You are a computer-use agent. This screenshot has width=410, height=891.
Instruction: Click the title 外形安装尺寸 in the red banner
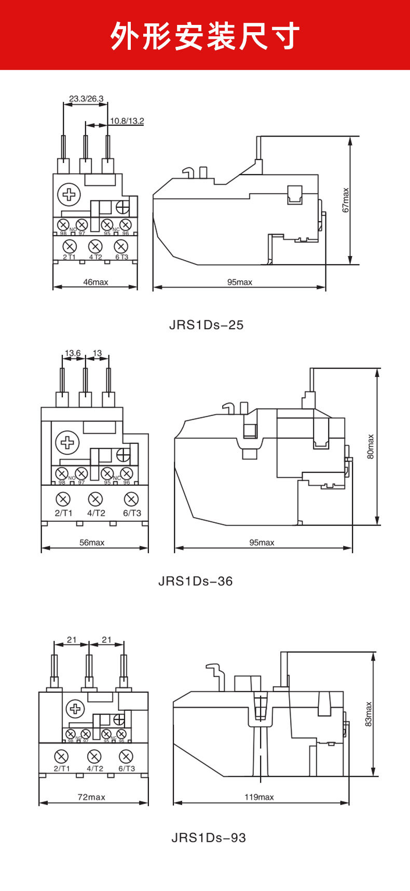(205, 36)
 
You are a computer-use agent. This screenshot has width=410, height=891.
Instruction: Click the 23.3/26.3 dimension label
(86, 99)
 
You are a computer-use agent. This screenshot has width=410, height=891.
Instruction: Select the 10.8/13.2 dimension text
(126, 121)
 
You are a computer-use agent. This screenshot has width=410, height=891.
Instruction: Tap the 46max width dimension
(95, 282)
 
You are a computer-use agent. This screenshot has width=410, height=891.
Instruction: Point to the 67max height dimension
(346, 200)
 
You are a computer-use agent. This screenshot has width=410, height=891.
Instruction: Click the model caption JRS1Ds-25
(206, 325)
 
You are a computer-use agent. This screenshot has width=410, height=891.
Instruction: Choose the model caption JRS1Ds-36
(195, 581)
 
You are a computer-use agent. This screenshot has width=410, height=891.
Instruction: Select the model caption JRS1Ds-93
(209, 838)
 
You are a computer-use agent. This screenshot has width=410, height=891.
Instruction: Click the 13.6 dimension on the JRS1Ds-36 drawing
(72, 353)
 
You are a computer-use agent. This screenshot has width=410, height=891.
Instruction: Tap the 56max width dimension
(92, 543)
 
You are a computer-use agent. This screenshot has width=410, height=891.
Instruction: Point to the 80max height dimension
(371, 447)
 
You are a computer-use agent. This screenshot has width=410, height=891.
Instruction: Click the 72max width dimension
(91, 797)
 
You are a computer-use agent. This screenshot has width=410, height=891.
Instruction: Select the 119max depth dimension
(259, 797)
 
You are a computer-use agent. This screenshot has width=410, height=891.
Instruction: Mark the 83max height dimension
(368, 714)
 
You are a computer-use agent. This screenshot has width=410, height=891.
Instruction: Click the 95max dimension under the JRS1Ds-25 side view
(239, 282)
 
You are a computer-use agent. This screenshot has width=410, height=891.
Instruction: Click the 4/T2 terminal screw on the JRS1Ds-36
(95, 500)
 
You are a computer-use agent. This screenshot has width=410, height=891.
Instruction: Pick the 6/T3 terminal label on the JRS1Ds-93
(127, 768)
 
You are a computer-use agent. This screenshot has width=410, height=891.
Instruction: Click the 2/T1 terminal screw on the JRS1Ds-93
(62, 756)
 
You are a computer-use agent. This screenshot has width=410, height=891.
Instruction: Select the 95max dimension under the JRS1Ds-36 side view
(262, 543)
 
